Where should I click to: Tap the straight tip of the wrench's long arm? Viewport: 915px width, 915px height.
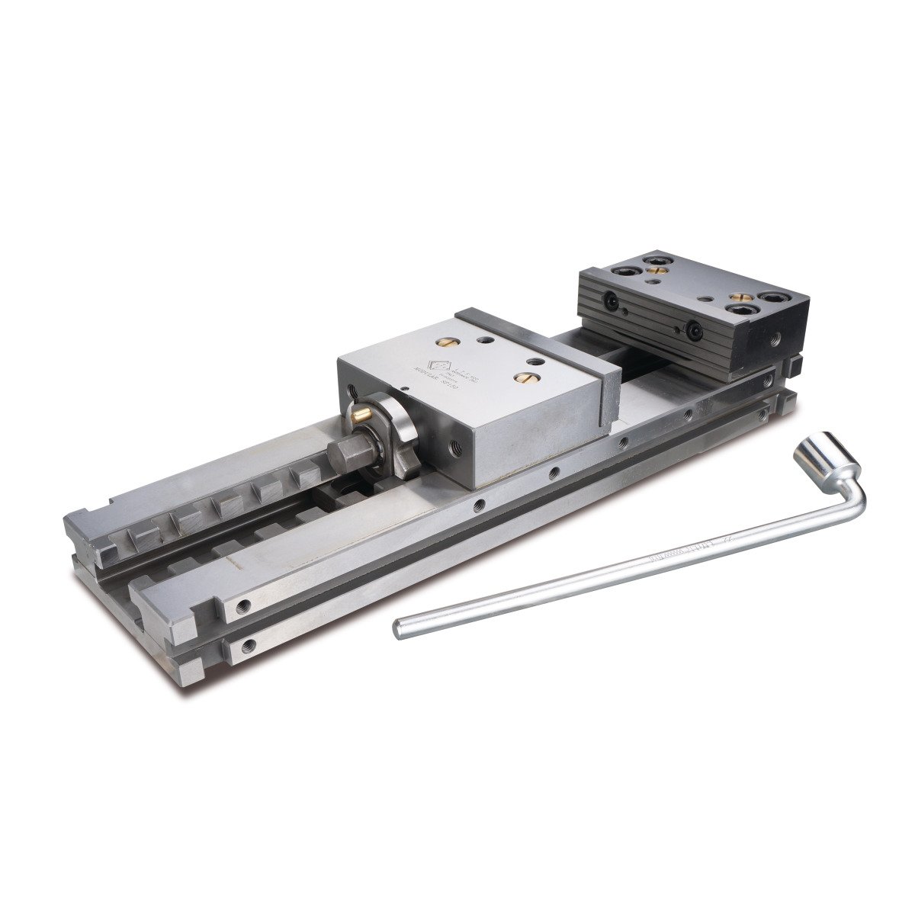click(398, 629)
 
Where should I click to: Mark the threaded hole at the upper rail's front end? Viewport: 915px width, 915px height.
click(242, 606)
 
